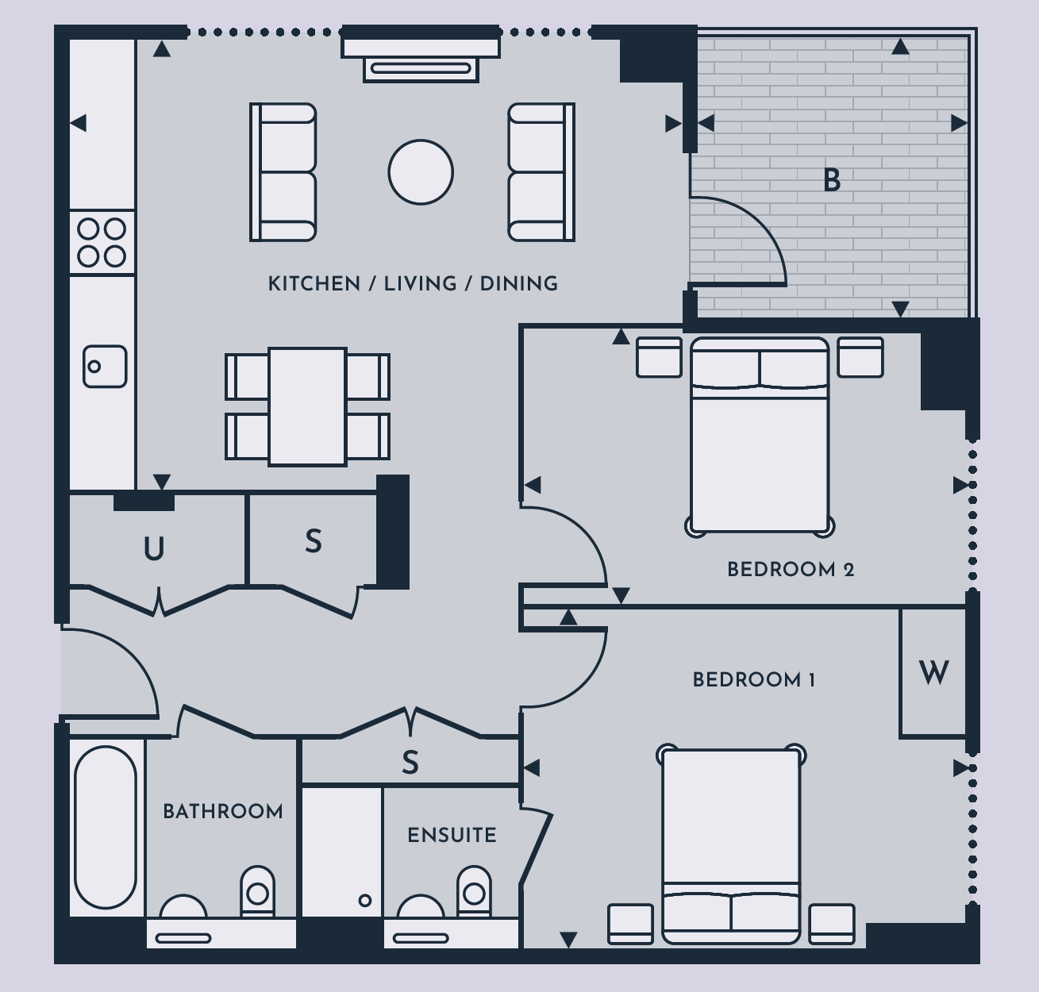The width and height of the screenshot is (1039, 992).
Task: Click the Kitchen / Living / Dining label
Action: click(x=413, y=284)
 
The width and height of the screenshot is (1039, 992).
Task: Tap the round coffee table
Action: click(x=421, y=172)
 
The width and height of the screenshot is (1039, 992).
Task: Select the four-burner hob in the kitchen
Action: click(x=102, y=242)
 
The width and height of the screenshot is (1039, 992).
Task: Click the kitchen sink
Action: click(x=105, y=367)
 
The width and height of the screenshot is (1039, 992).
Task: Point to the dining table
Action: click(x=307, y=406)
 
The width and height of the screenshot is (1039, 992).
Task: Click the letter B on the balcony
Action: click(x=832, y=180)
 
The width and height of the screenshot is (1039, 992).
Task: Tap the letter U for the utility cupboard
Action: click(x=154, y=548)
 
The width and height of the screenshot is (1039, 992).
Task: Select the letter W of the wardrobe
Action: click(x=933, y=673)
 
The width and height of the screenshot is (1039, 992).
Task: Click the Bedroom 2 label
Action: click(x=791, y=570)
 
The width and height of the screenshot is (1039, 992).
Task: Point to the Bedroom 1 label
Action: click(x=753, y=680)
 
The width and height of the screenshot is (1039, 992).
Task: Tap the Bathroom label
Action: click(x=222, y=812)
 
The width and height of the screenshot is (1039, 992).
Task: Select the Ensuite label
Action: click(x=452, y=835)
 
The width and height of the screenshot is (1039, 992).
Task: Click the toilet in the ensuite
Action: click(x=474, y=893)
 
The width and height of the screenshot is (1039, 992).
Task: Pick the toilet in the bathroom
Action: click(x=257, y=893)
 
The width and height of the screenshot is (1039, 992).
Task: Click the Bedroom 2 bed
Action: click(x=760, y=436)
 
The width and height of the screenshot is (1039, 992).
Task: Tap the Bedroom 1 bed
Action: click(x=731, y=844)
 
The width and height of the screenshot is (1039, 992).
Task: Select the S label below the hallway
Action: click(x=410, y=763)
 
